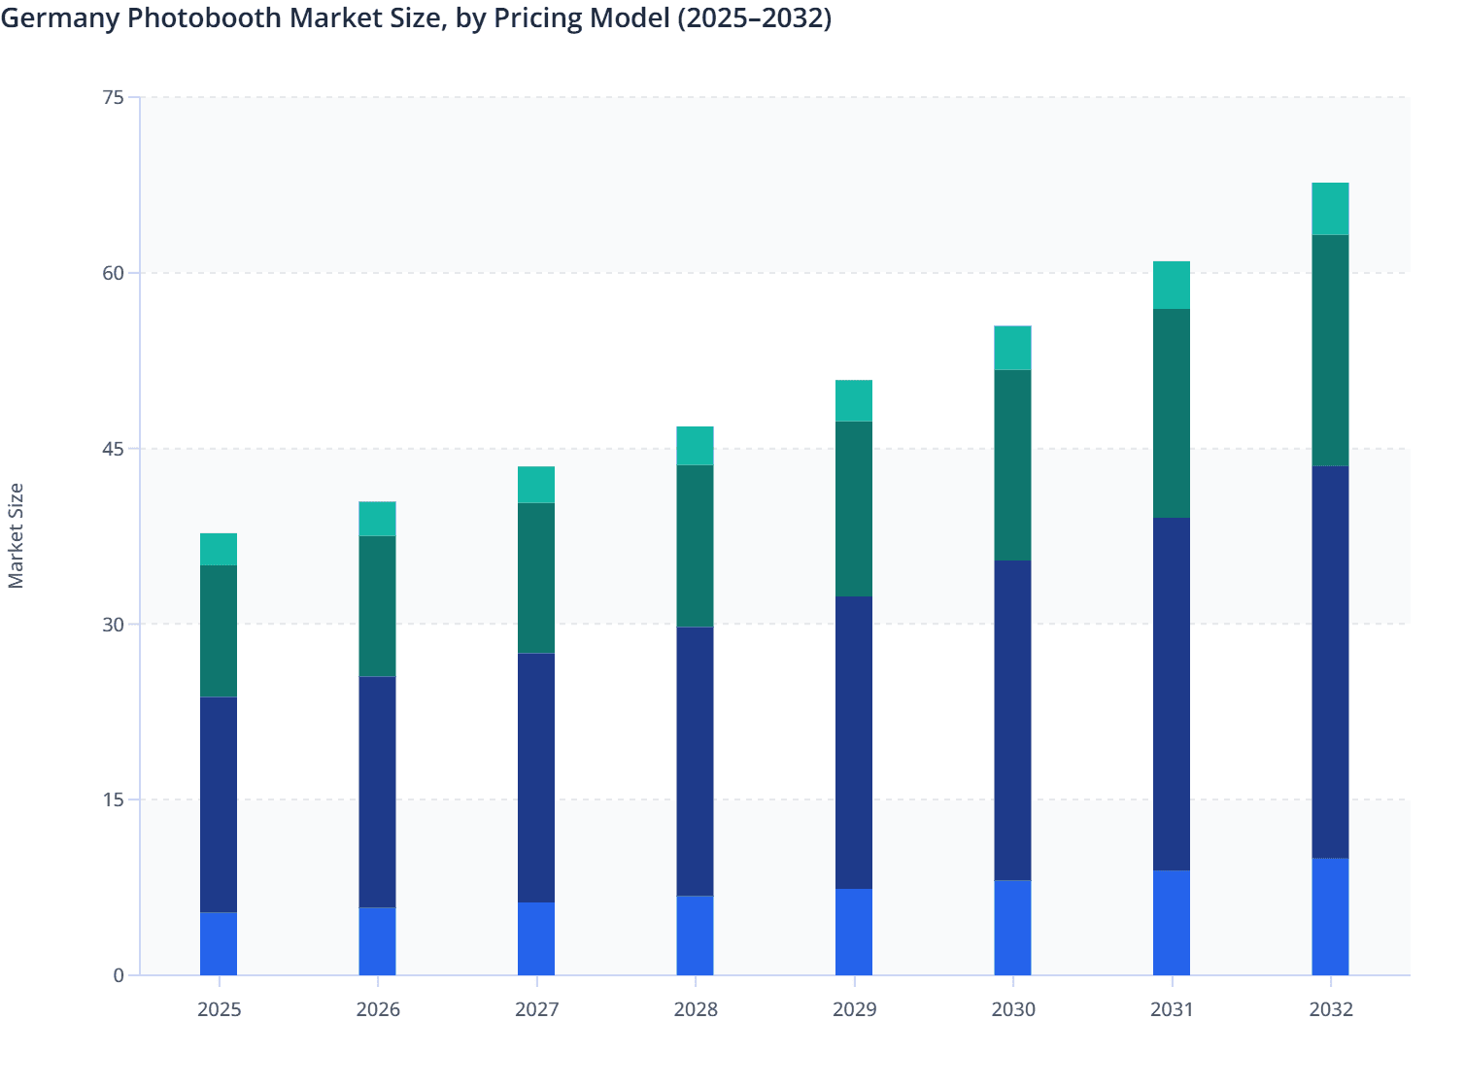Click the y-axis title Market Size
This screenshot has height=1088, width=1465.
point(17,535)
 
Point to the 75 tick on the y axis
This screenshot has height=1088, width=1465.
point(114,97)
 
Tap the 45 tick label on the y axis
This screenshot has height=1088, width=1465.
point(114,449)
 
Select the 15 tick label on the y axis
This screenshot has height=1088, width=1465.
point(114,799)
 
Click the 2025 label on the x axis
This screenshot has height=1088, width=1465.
point(219,1009)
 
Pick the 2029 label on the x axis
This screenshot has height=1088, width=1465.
point(854,1009)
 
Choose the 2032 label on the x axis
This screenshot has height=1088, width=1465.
point(1330,1009)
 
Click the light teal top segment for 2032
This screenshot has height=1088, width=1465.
point(1330,209)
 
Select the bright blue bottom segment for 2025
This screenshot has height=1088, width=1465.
point(219,943)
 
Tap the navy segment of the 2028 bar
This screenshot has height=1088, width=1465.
point(695,762)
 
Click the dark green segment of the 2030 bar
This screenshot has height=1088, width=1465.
point(1012,465)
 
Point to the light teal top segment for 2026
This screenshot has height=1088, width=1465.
point(377,519)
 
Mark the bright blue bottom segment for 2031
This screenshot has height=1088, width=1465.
point(1171,923)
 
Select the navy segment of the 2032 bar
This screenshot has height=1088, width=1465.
point(1330,662)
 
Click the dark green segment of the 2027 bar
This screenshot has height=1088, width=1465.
point(536,578)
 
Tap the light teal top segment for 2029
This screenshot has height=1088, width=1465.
point(854,400)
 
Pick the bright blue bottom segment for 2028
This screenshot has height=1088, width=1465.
point(695,935)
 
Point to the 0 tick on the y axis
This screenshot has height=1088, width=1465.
point(119,975)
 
